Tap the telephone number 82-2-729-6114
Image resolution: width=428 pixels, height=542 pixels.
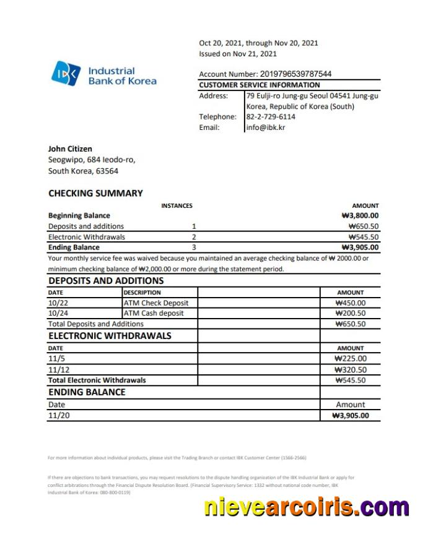click(271, 116)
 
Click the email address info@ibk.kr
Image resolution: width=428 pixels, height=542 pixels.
click(266, 127)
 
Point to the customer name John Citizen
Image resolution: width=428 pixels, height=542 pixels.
click(70, 148)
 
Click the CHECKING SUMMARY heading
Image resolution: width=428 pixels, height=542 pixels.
click(95, 193)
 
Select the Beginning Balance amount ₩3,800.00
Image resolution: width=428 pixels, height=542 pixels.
click(360, 216)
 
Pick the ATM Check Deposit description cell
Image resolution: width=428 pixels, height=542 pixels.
click(156, 303)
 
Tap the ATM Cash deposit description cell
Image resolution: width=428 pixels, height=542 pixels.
click(154, 313)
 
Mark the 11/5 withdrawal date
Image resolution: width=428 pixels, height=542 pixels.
click(55, 359)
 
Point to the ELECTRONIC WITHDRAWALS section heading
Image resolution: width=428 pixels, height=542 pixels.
click(110, 336)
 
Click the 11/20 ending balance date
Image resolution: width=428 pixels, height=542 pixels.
click(59, 415)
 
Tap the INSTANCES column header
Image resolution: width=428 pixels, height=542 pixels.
click(177, 205)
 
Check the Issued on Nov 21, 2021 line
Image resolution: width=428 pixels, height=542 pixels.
click(238, 54)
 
